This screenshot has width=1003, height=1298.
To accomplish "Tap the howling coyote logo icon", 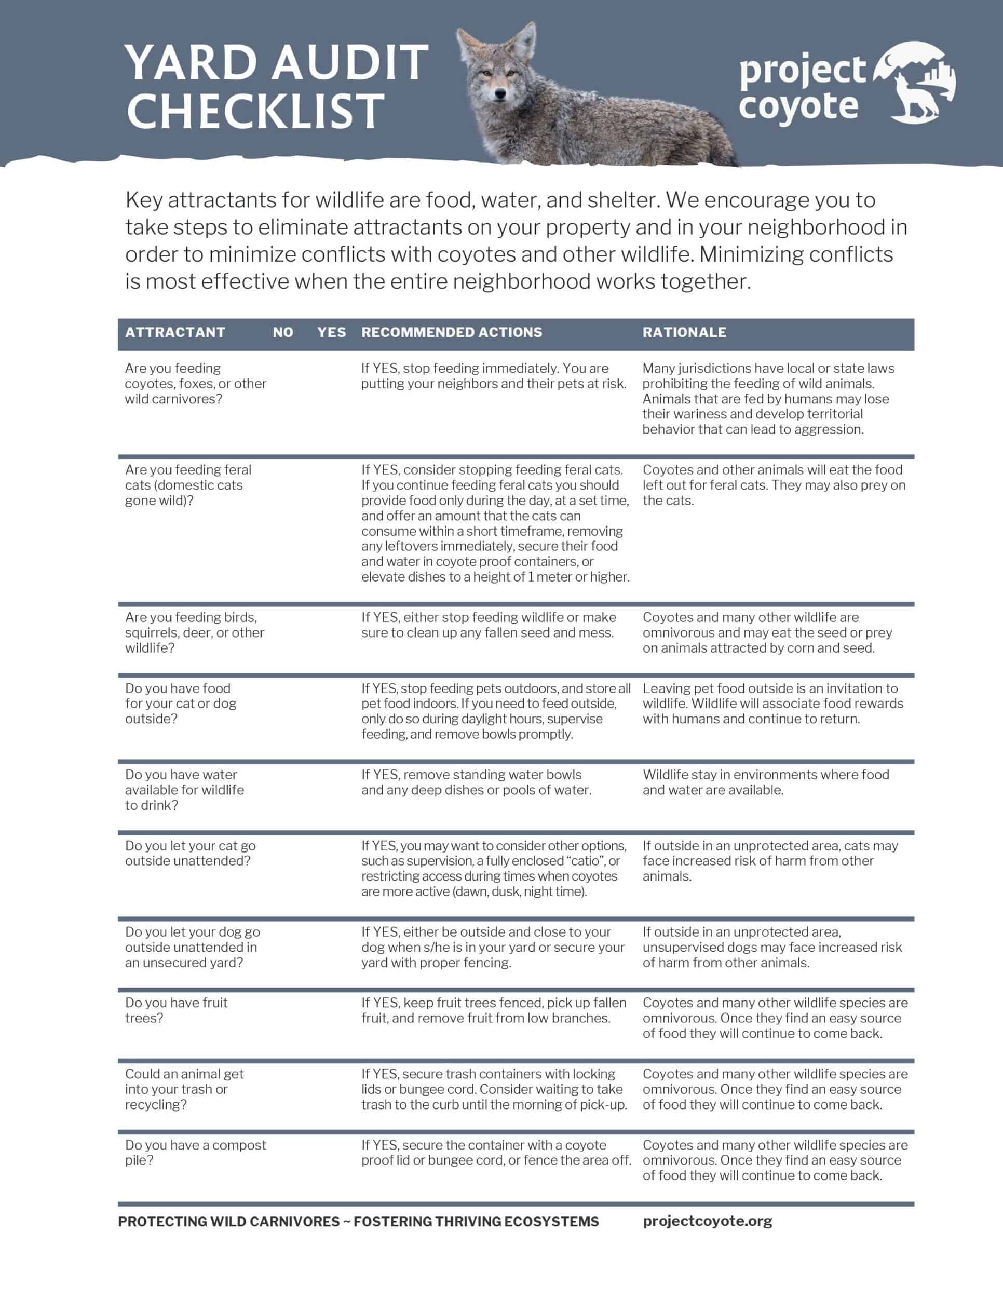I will click(x=915, y=83).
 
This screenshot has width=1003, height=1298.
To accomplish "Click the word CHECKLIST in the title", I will click(x=255, y=111).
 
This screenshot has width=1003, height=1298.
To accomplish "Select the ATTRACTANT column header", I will click(x=175, y=332).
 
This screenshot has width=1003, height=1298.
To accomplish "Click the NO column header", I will click(x=283, y=332).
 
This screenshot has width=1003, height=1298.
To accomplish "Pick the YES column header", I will click(x=331, y=332).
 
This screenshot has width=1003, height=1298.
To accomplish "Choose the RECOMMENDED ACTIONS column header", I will click(x=452, y=332).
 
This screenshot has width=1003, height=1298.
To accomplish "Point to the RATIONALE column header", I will click(x=684, y=332).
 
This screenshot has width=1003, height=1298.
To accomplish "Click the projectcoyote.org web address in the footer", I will click(x=707, y=1221).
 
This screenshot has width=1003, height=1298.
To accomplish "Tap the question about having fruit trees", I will click(x=176, y=1010).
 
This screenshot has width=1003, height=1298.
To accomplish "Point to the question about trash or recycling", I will click(x=184, y=1089).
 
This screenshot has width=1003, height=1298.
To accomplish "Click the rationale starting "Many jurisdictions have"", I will click(x=768, y=398).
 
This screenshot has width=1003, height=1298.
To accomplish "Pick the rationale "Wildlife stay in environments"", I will click(x=765, y=782).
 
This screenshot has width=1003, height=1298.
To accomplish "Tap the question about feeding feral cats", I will click(x=188, y=485).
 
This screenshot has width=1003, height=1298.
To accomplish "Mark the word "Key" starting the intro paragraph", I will click(x=143, y=200).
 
